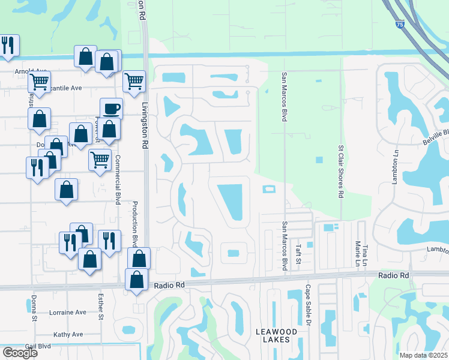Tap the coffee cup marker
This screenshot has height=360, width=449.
point(111,109)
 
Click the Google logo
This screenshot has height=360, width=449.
point(20,352)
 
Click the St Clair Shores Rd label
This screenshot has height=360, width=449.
point(340,170)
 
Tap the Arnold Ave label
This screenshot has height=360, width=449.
point(31,71)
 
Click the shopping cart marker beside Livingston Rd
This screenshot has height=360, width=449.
point(134,82)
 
